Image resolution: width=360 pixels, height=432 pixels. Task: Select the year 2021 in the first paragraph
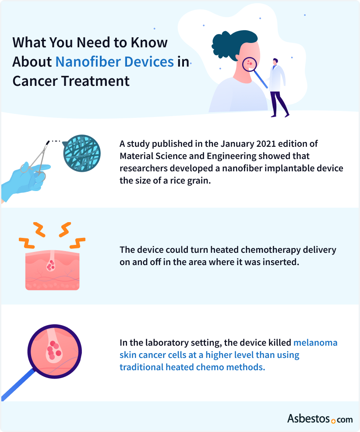pos(259,144)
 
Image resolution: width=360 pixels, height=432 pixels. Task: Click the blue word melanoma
pos(315,342)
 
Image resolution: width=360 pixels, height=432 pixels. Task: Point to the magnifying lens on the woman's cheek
pos(250,65)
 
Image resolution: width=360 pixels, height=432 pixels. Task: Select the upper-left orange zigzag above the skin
pos(39,228)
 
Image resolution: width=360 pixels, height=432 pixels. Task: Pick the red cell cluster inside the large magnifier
pos(53,351)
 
